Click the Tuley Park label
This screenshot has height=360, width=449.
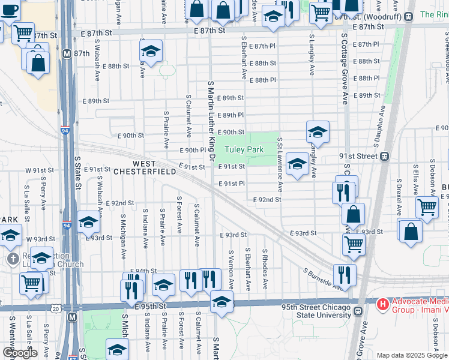244,149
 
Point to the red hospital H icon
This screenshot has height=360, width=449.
381,305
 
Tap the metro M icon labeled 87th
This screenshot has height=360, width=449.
67,53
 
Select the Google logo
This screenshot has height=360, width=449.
20,353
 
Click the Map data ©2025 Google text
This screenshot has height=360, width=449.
412,355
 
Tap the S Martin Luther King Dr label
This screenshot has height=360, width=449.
211,120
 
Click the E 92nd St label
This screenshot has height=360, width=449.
267,199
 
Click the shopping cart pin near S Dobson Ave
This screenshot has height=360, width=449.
427,206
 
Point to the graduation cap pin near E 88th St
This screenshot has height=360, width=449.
151,51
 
